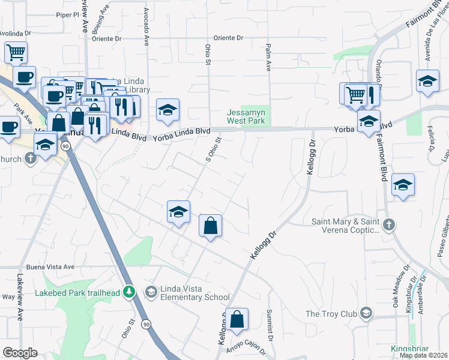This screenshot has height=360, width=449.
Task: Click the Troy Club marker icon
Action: click(x=365, y=313)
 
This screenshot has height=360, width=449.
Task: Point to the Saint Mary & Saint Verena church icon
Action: click(x=388, y=225)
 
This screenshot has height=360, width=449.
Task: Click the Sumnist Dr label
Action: click(x=270, y=326)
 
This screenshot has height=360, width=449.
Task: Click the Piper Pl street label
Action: click(x=67, y=14)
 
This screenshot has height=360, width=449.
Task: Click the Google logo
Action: click(x=20, y=353)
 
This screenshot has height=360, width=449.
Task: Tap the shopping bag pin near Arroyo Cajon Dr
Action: click(x=237, y=320)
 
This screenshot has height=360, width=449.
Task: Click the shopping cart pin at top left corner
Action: click(x=16, y=52)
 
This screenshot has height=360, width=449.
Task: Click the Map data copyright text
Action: click(x=423, y=355)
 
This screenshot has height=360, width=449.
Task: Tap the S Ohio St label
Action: click(x=215, y=150)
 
